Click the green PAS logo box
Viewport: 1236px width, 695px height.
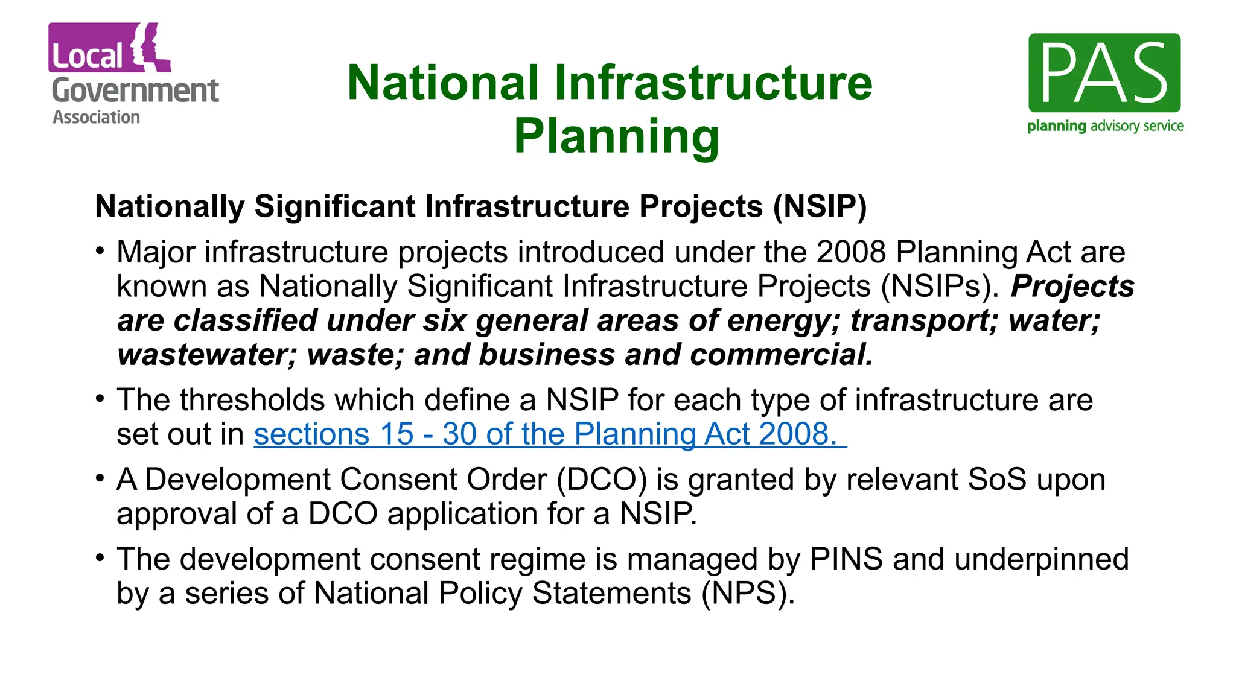point(1104,73)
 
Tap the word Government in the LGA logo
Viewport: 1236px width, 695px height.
point(135,91)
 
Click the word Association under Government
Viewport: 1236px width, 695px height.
point(96,117)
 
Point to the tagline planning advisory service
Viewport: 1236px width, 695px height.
point(1105,126)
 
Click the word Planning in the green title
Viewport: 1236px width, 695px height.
point(616,136)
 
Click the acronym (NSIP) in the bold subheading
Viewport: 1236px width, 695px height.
point(820,207)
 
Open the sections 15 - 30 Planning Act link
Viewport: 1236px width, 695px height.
point(549,434)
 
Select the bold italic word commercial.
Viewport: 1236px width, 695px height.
point(781,355)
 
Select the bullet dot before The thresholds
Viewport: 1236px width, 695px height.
point(100,398)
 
